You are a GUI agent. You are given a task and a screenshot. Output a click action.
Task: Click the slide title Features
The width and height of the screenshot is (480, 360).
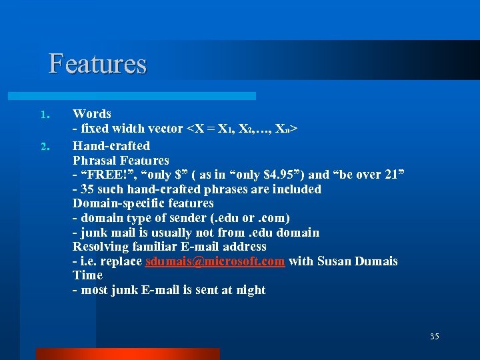tap(97, 64)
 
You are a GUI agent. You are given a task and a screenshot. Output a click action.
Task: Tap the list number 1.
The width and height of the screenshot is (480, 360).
tap(45, 115)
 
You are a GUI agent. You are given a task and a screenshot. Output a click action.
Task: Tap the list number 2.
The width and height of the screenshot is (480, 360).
tap(45, 146)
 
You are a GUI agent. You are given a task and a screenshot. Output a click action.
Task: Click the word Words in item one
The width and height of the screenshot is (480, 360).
tap(92, 114)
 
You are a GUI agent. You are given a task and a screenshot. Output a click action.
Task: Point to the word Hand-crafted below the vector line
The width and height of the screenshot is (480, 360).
tap(111, 145)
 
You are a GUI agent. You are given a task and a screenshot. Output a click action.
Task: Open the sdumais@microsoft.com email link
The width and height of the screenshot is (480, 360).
tap(215, 261)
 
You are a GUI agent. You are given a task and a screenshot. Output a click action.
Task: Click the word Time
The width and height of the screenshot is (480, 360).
tap(87, 275)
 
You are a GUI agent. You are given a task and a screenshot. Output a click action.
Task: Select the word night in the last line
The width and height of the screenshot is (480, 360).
tap(249, 290)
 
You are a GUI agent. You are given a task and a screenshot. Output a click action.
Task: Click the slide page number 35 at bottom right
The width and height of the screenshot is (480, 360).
tap(434, 337)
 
